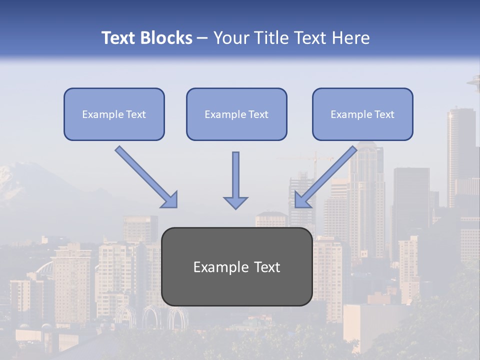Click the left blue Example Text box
[x=114, y=114]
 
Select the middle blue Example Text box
[x=236, y=114]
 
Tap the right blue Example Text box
[x=362, y=114]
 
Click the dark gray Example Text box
[x=236, y=266]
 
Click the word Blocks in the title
[x=168, y=38]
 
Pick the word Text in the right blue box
[x=384, y=114]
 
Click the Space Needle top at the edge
[x=474, y=81]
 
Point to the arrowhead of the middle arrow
[x=235, y=202]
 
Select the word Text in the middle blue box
[x=258, y=114]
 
